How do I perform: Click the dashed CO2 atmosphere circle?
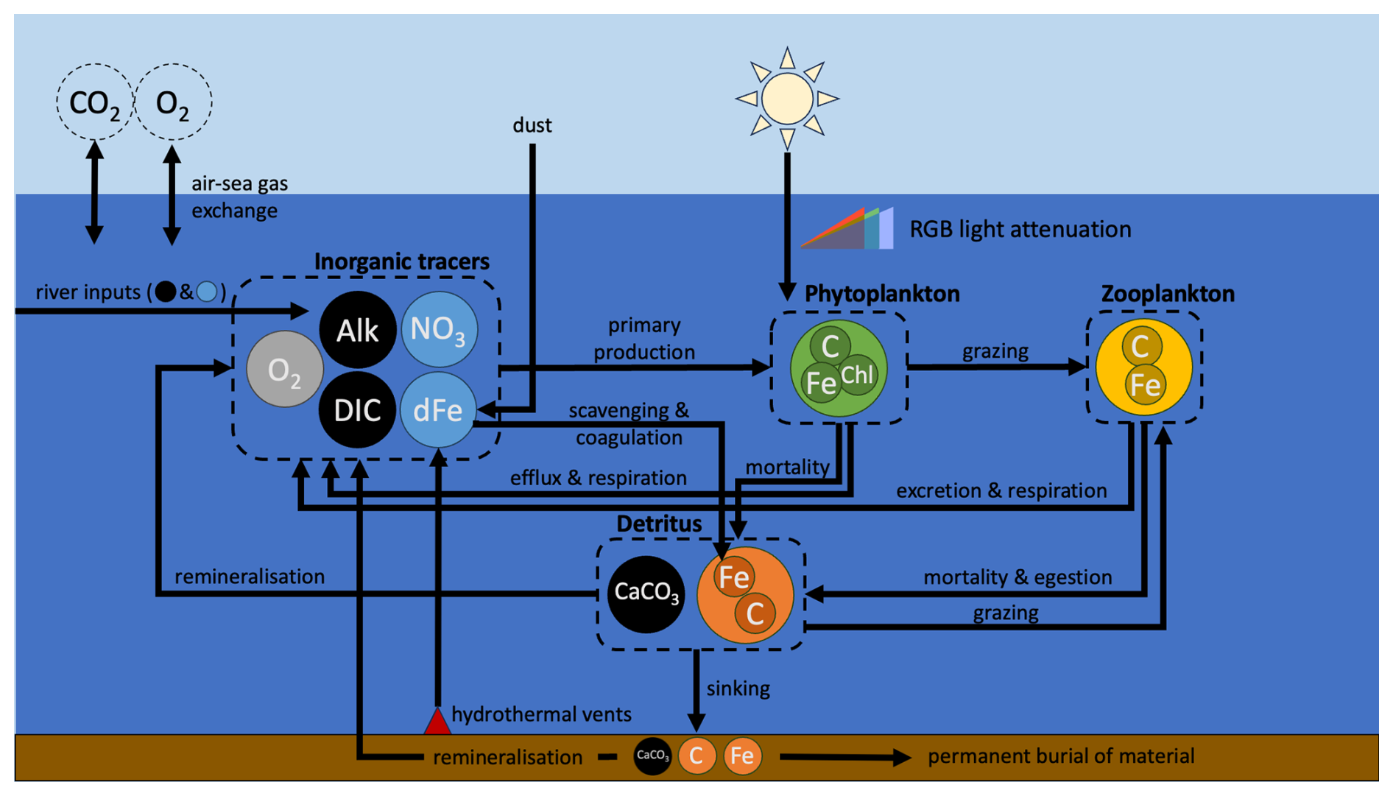click(94, 102)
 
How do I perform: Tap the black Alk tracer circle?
click(357, 330)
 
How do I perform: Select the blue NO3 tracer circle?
click(439, 328)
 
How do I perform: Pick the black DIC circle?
click(357, 410)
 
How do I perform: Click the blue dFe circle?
click(437, 410)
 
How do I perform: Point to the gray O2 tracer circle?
click(284, 370)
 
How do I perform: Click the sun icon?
click(787, 98)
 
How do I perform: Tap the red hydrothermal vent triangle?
click(437, 722)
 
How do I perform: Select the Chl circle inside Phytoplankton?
click(857, 376)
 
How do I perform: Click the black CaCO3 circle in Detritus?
click(646, 594)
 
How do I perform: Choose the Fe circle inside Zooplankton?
click(1145, 384)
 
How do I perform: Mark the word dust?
click(532, 125)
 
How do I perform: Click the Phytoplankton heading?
click(881, 294)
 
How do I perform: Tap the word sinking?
click(738, 688)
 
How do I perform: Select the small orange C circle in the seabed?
click(696, 756)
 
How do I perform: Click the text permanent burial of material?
click(1060, 756)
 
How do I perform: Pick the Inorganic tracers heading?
click(401, 261)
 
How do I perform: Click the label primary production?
click(644, 339)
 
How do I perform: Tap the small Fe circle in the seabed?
click(742, 756)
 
